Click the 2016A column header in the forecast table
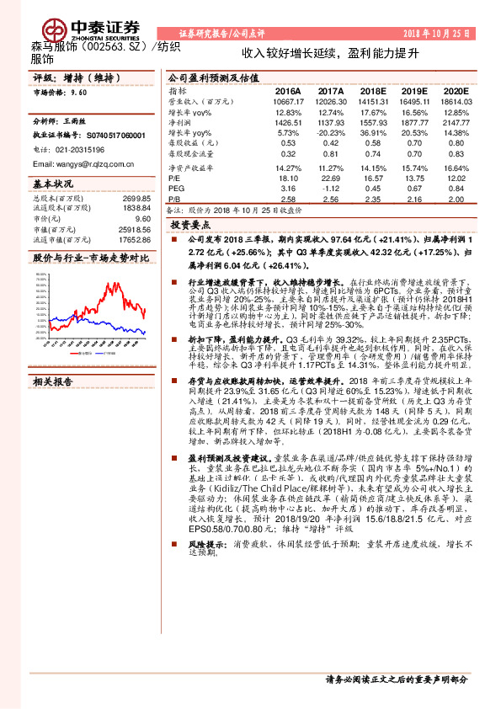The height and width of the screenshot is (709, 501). coord(287,89)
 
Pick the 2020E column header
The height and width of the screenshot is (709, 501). coord(455,89)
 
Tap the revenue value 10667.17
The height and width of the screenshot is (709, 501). coord(287,101)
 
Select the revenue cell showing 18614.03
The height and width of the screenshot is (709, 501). coord(455,101)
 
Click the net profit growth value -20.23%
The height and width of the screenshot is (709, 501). coord(330,133)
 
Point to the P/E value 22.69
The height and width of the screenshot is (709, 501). coord(331,179)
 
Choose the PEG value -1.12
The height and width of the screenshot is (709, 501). coord(330,189)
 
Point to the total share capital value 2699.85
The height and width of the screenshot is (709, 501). coord(136,198)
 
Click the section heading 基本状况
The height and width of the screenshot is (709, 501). coord(52,183)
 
